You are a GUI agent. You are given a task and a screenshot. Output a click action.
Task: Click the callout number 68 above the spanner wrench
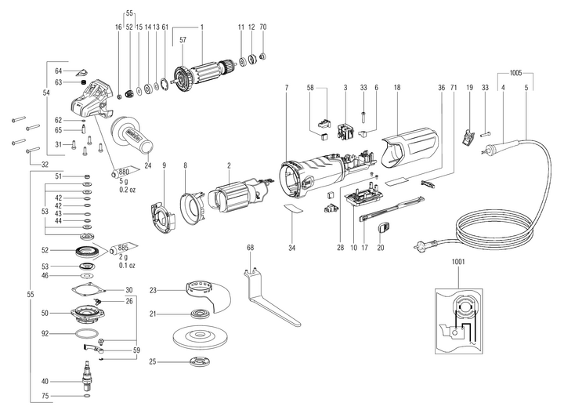pyautogui.click(x=251, y=249)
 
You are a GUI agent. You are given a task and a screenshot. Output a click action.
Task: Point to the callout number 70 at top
pyautogui.click(x=263, y=27)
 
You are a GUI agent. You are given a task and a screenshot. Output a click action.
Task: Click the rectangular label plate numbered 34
pyautogui.click(x=292, y=209)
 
